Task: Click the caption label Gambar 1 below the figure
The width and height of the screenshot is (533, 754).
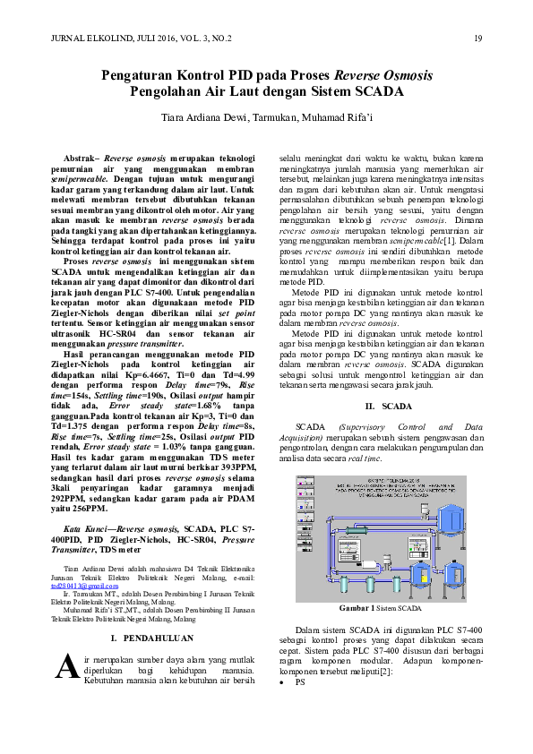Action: [x=359, y=608]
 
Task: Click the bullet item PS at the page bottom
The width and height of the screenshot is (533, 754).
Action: [x=300, y=707]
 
